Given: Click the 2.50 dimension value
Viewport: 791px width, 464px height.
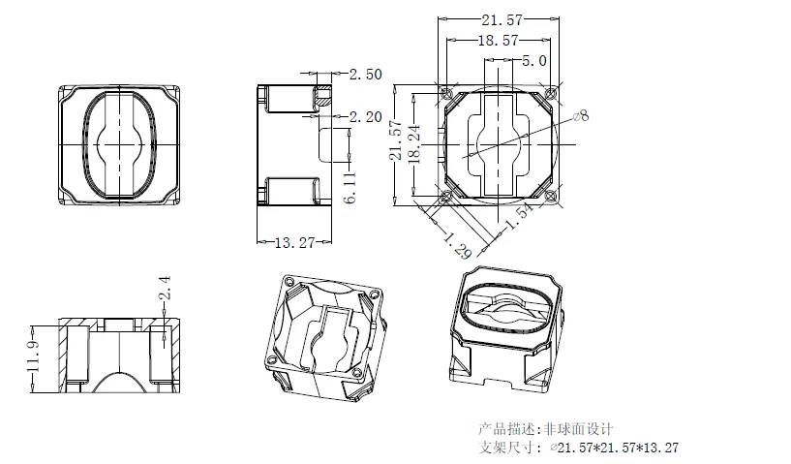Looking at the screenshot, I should (x=366, y=75).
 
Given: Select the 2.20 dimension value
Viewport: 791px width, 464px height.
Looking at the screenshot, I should (x=366, y=116).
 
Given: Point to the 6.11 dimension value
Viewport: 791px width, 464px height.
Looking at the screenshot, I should (x=350, y=182).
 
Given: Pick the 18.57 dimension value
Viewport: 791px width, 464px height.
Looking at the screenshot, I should (x=500, y=41).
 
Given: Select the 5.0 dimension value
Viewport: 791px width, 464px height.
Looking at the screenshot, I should (x=535, y=60).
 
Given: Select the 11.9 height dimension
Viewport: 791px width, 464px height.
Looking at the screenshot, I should (x=35, y=355).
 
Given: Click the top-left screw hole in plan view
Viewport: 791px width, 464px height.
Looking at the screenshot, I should (x=446, y=93).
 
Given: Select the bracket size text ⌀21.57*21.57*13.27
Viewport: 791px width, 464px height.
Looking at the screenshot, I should (x=614, y=448).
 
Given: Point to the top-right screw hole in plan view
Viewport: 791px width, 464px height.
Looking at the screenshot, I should (x=551, y=93).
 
